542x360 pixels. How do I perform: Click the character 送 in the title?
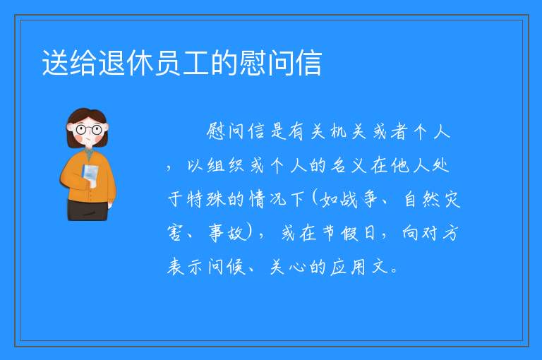tap(55, 63)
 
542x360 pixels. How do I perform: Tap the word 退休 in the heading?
tap(126, 63)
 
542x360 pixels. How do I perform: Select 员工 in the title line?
tap(182, 63)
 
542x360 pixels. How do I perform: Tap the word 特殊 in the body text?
tap(205, 199)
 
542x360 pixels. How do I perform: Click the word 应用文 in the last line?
tap(359, 267)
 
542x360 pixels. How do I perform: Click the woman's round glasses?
tap(88, 130)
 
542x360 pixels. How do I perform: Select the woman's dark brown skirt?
tap(88, 210)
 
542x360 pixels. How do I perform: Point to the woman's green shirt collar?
tap(89, 153)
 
